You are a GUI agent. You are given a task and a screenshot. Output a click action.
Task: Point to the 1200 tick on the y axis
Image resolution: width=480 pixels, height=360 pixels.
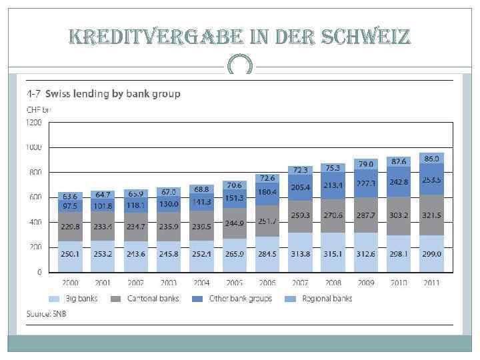(x=34, y=123)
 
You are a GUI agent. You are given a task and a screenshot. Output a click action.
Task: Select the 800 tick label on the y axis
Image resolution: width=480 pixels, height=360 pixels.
(x=34, y=173)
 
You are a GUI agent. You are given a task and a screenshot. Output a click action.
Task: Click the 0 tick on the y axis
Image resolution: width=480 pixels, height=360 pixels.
(x=39, y=272)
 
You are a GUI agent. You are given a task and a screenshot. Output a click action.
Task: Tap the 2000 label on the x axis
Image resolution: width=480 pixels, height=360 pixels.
(x=70, y=283)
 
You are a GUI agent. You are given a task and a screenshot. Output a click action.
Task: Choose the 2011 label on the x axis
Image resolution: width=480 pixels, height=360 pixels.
(x=431, y=283)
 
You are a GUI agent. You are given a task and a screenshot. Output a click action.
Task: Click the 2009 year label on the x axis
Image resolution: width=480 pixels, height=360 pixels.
(x=365, y=283)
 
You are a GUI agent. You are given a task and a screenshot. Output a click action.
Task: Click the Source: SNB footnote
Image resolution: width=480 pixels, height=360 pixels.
(x=46, y=313)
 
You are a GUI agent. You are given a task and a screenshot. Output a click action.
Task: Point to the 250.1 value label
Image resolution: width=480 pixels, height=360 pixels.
(x=70, y=254)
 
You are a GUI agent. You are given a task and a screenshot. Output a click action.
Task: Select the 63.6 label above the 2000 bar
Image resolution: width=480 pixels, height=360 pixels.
(x=70, y=197)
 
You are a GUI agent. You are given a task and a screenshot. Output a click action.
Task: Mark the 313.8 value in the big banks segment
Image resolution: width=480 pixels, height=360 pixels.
(x=299, y=254)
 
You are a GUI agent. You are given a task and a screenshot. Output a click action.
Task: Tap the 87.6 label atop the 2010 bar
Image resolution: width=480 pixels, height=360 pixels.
(x=399, y=161)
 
